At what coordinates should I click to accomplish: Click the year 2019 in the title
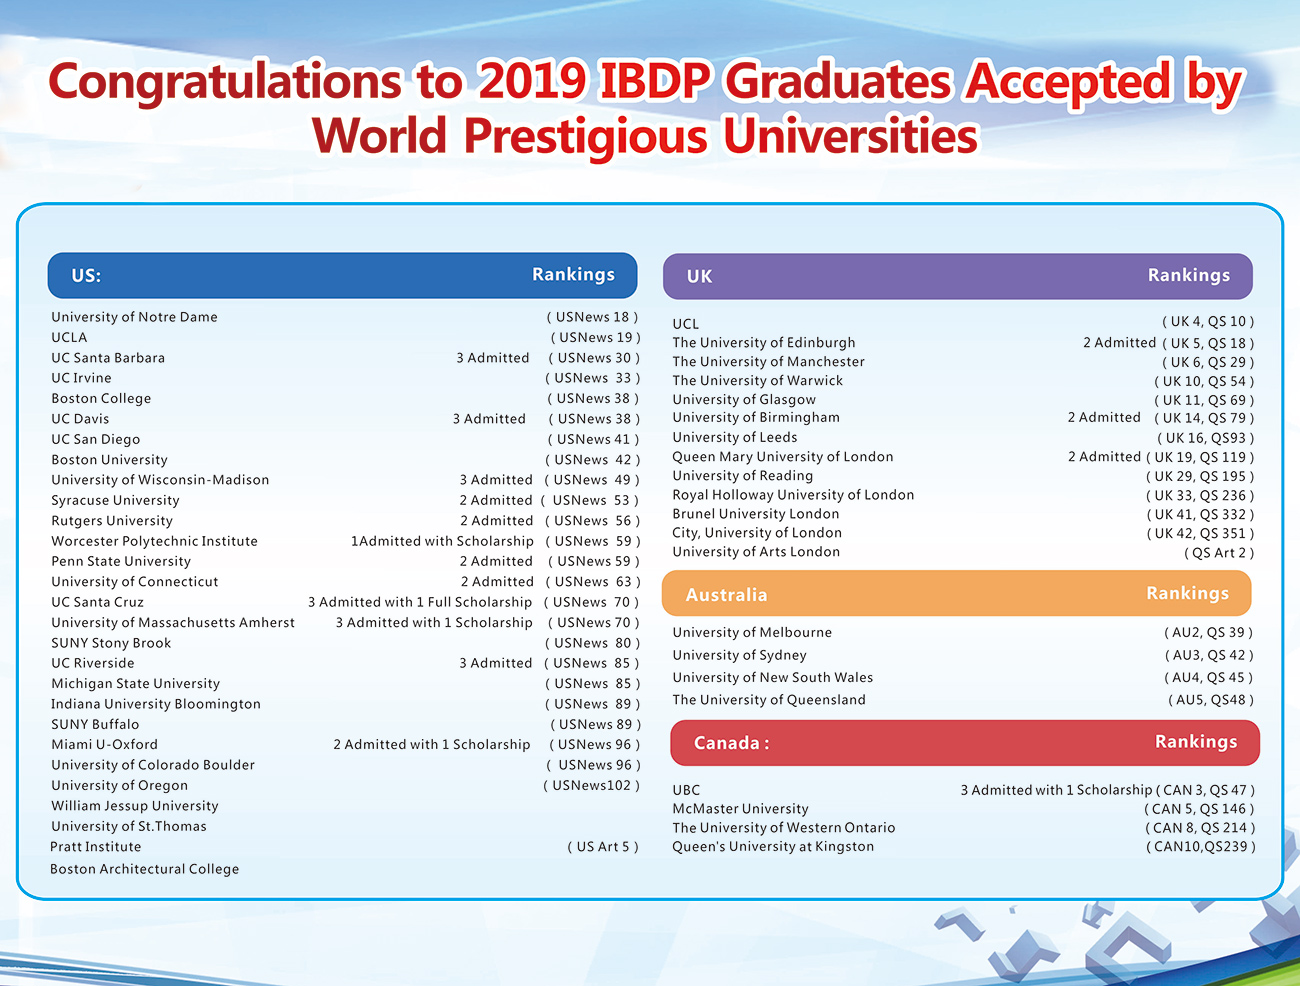click(532, 81)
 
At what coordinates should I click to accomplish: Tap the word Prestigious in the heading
click(586, 137)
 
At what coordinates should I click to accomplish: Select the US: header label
click(86, 276)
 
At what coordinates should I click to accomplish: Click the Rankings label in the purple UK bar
click(1189, 275)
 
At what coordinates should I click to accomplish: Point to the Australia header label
click(726, 595)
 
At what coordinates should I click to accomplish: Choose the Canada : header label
click(731, 743)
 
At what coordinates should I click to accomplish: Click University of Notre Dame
click(134, 317)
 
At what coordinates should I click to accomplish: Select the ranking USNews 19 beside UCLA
click(595, 338)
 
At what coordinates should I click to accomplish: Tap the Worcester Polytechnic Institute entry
click(155, 541)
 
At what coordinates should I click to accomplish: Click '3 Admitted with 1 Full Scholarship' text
click(419, 602)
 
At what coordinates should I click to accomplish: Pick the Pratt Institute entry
click(96, 847)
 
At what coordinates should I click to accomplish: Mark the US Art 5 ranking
click(603, 847)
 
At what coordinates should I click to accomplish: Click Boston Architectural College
click(145, 869)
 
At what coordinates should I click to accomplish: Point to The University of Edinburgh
click(763, 343)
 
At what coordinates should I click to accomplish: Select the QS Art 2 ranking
click(1219, 553)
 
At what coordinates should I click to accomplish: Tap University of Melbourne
click(752, 632)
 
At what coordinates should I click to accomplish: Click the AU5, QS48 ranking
click(1211, 700)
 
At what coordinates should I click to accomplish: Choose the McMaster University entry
click(740, 809)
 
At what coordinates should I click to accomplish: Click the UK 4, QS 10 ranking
click(1208, 322)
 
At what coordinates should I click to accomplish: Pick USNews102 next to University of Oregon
click(592, 786)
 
